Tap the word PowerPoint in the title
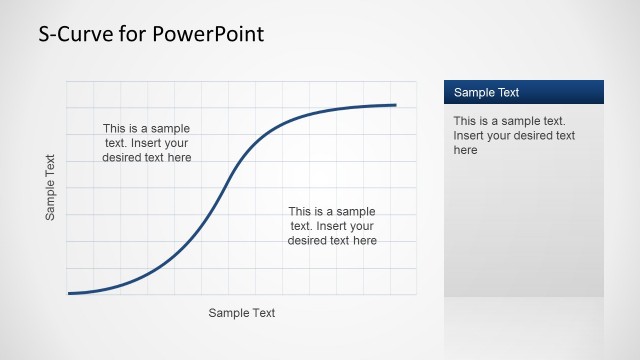pyautogui.click(x=212, y=35)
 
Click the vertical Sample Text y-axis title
pyautogui.click(x=51, y=187)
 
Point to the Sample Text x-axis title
pyautogui.click(x=241, y=313)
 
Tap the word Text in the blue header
pyautogui.click(x=507, y=93)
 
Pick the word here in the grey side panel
pyautogui.click(x=466, y=150)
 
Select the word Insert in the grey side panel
pyautogui.click(x=470, y=135)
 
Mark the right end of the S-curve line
pyautogui.click(x=395, y=105)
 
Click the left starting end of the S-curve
pyautogui.click(x=69, y=293)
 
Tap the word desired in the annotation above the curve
pyautogui.click(x=126, y=157)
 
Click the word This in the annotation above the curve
pyautogui.click(x=115, y=128)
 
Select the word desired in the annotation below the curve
pyautogui.click(x=311, y=240)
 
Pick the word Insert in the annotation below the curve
pyautogui.click(x=336, y=226)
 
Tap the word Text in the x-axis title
pyautogui.click(x=262, y=313)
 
